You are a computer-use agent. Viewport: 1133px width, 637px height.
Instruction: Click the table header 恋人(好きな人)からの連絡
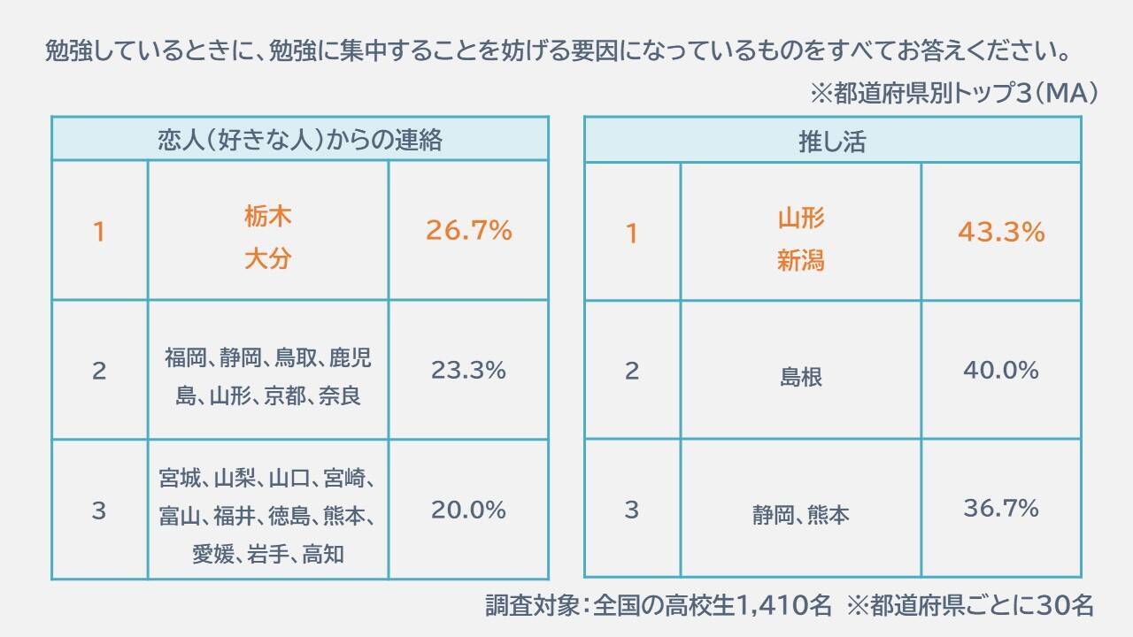(x=299, y=140)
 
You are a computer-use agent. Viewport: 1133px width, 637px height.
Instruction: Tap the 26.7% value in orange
(x=469, y=231)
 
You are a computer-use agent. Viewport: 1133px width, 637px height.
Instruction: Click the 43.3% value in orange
(x=1001, y=233)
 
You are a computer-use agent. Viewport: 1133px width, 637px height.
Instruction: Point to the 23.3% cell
(x=468, y=370)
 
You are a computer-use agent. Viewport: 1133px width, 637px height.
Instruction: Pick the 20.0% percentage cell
(x=468, y=510)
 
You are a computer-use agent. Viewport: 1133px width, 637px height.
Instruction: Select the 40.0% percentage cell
(x=1001, y=370)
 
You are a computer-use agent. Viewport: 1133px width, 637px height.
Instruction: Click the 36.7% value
(x=1001, y=508)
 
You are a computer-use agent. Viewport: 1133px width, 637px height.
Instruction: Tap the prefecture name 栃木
(x=267, y=215)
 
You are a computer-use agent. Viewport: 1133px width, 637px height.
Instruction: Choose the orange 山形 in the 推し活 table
(x=801, y=217)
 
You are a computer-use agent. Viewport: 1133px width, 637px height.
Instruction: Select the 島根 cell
(x=801, y=377)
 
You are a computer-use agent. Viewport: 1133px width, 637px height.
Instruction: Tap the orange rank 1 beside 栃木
(x=99, y=232)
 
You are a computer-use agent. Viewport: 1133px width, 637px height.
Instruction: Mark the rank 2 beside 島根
(x=631, y=371)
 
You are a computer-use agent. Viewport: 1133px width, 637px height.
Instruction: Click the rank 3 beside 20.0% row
(x=99, y=510)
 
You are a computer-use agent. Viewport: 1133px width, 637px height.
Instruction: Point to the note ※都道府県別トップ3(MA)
(x=953, y=93)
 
